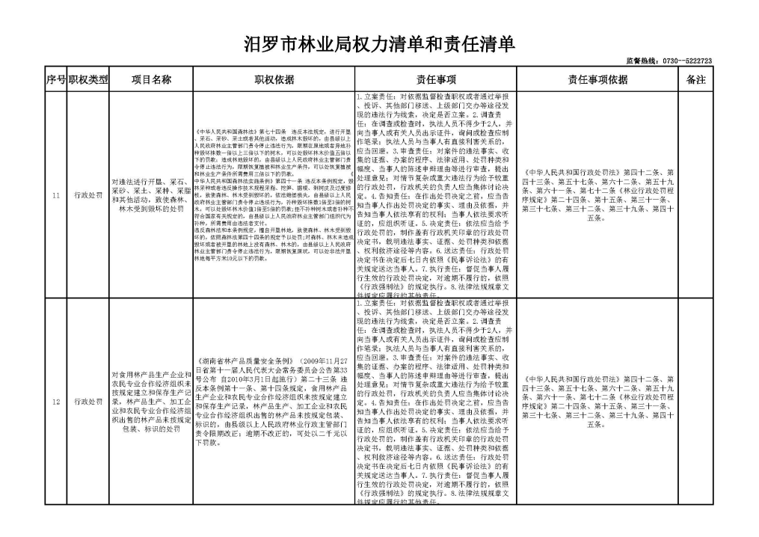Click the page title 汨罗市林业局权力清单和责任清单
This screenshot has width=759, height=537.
[x=380, y=45]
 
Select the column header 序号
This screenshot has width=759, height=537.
[x=55, y=79]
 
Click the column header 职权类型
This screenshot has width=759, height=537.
[x=88, y=79]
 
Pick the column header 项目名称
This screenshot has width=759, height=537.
[x=152, y=79]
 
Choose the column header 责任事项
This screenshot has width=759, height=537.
[x=435, y=79]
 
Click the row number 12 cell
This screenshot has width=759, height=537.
[x=55, y=402]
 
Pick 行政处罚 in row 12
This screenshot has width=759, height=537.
[x=88, y=402]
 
